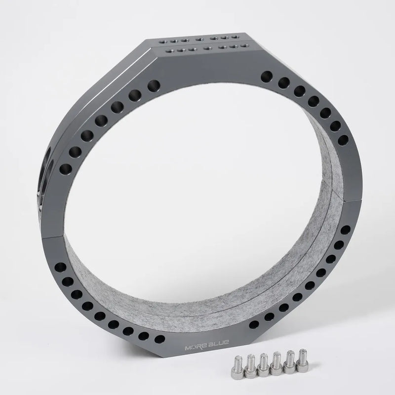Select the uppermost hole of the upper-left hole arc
(x=154, y=84)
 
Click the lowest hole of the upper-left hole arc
(x=64, y=171)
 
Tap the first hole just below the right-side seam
(x=345, y=230)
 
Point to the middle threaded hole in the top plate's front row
(x=204, y=48)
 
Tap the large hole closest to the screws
(x=254, y=324)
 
